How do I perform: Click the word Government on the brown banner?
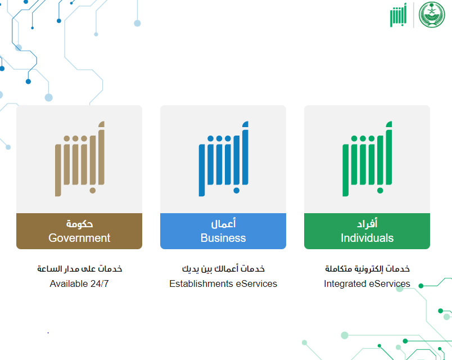79,238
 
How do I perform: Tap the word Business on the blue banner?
223,238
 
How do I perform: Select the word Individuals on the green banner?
367,238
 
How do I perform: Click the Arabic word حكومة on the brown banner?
80,223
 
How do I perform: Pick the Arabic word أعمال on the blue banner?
223,223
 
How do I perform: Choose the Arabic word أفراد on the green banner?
367,223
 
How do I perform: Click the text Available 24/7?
79,283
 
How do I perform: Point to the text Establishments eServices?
223,283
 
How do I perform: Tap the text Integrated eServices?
367,283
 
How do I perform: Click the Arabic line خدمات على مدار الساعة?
80,269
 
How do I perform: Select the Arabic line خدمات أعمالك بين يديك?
223,269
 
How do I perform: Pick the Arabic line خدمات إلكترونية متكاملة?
367,269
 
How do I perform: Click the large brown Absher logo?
80,159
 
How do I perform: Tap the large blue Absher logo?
223,159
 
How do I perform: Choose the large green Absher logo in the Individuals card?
367,159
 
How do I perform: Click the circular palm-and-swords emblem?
432,15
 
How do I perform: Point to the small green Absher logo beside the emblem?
398,15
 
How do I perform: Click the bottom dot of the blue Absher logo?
236,190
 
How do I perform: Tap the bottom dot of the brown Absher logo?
93,190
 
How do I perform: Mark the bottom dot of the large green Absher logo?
380,190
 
